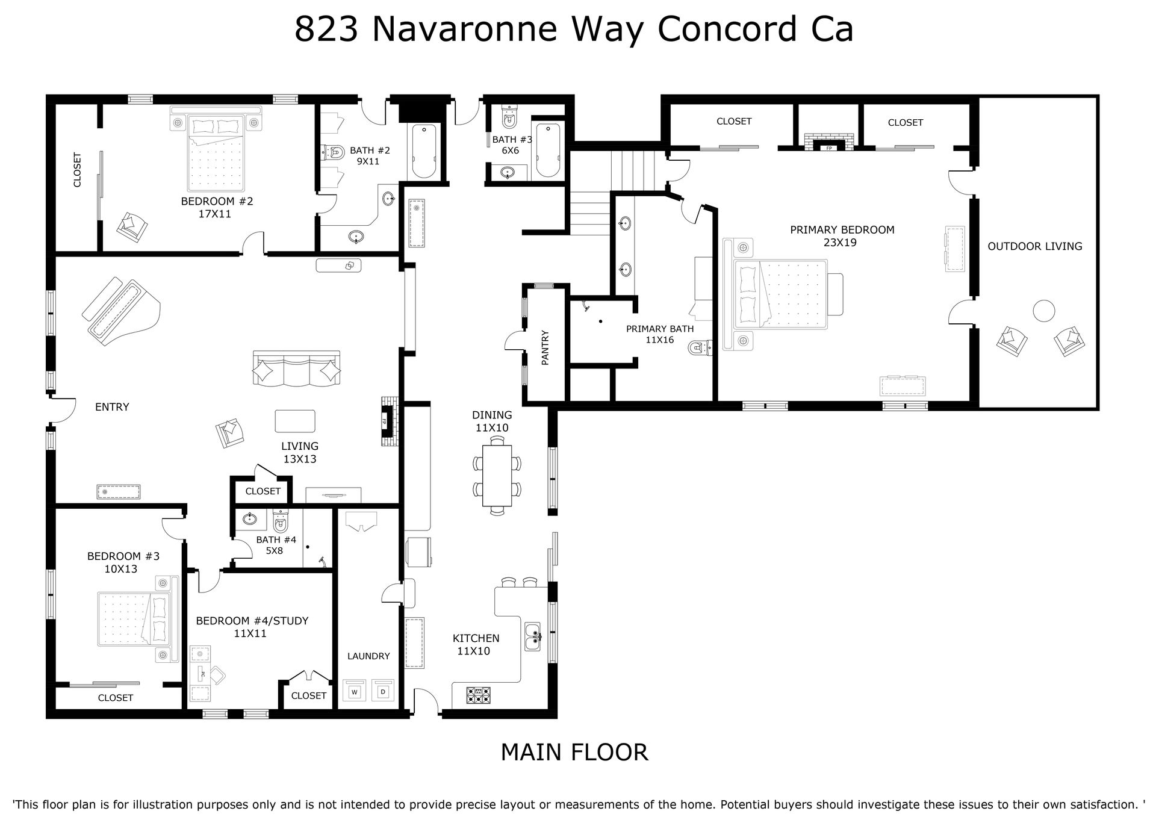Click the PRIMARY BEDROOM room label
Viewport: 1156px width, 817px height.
tap(842, 230)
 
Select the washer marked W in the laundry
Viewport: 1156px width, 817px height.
tap(355, 691)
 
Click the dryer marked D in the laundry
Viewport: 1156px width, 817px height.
tap(383, 691)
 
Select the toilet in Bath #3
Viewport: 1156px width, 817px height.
tap(509, 117)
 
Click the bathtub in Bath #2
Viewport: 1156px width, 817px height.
tap(424, 151)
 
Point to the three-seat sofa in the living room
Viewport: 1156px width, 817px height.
tap(296, 368)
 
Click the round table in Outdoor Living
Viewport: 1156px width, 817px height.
tap(1043, 311)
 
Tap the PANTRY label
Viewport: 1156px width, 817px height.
tap(545, 347)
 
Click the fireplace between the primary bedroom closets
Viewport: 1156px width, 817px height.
tap(829, 140)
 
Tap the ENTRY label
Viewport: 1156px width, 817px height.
tap(112, 407)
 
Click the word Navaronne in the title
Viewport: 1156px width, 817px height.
tap(464, 29)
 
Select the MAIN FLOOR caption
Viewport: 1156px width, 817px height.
tap(574, 752)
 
